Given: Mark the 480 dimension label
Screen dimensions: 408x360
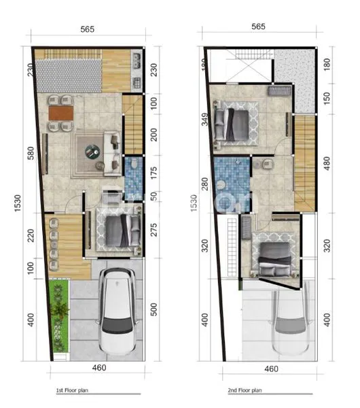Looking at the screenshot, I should [x=326, y=163].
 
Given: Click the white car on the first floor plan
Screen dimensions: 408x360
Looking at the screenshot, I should [x=118, y=311].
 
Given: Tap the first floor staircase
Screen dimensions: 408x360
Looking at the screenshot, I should [x=132, y=124].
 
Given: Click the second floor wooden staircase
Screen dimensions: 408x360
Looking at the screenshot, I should [x=305, y=163].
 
